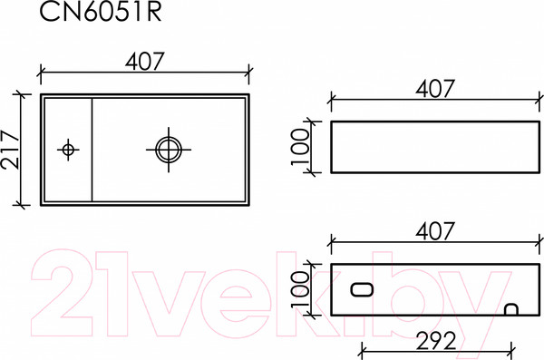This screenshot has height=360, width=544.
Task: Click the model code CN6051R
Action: pos(89,14)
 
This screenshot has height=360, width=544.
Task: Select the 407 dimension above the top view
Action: pos(144,62)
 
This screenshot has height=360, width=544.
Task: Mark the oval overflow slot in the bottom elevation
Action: pos(362,290)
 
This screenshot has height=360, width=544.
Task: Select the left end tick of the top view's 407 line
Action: pos(42,73)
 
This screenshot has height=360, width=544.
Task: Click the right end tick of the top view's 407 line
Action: pos(248,73)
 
